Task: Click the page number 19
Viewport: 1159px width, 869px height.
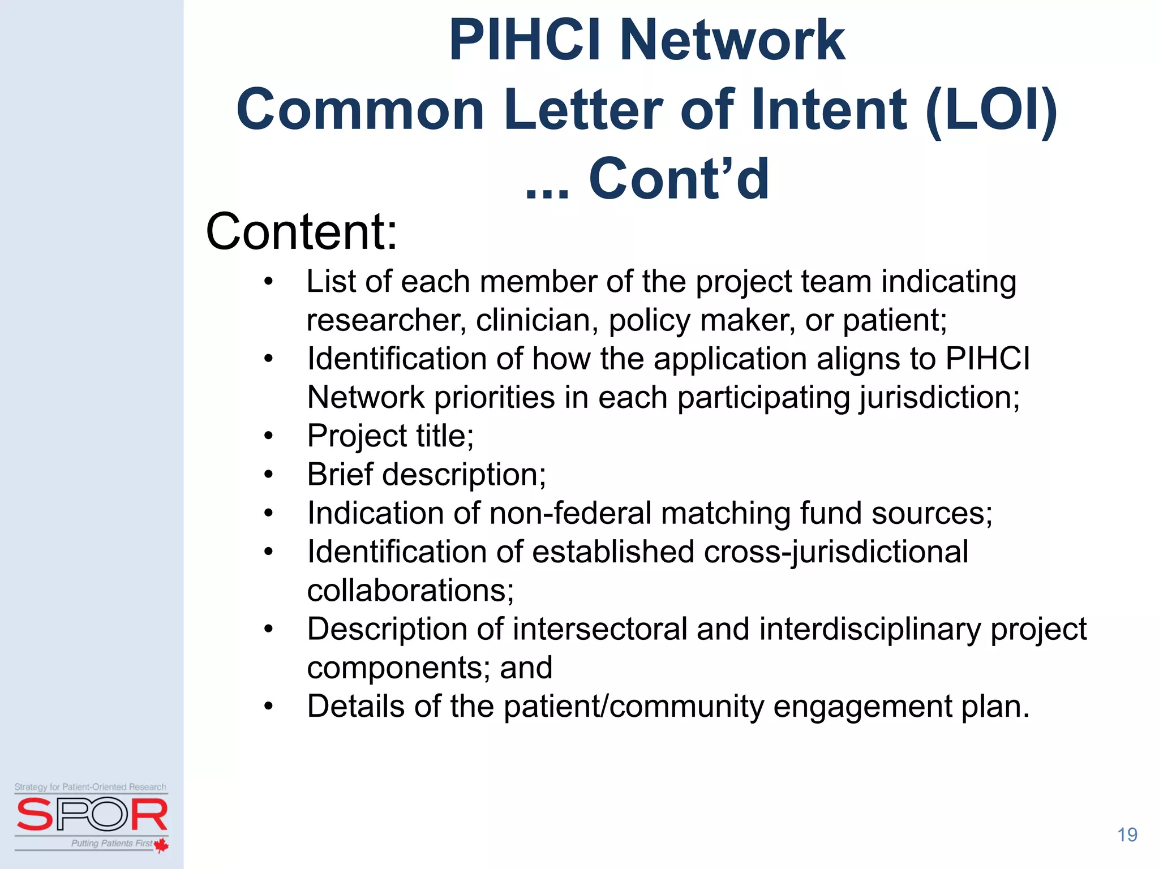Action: [x=1127, y=834]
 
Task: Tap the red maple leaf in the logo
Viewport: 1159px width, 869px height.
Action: [x=161, y=845]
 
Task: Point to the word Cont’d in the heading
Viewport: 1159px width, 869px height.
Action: [x=679, y=180]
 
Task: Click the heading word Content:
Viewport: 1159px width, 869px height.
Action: [x=302, y=232]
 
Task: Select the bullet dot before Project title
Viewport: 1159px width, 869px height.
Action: [x=268, y=436]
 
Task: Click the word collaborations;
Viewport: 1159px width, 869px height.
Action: [x=410, y=591]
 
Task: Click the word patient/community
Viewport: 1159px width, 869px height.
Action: [x=633, y=707]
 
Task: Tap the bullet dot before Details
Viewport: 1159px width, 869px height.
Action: [x=268, y=707]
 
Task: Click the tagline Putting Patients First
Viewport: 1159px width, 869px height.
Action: [x=111, y=843]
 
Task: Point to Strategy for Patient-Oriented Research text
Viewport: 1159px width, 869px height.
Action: [x=91, y=787]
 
